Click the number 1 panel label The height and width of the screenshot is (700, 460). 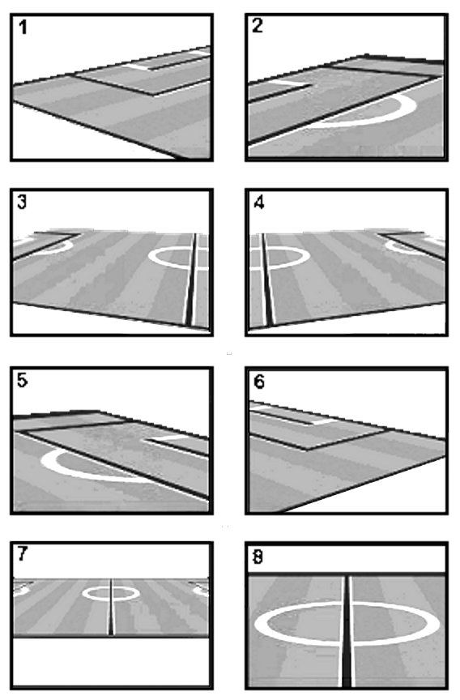[23, 28]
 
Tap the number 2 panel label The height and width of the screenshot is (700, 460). [258, 25]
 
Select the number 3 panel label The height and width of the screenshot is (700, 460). [22, 202]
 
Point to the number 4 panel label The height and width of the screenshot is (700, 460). [258, 203]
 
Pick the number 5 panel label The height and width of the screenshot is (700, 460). [22, 380]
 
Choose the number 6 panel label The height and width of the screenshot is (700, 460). [259, 382]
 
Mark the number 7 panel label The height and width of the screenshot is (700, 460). [23, 554]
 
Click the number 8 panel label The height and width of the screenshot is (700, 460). [258, 557]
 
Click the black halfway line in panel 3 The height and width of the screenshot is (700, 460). [191, 280]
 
